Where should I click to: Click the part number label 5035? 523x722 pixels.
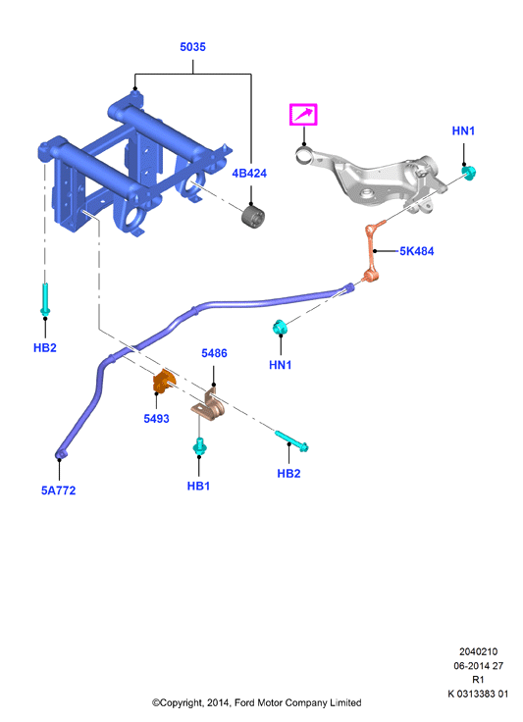click(x=192, y=47)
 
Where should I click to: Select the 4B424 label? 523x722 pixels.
click(x=249, y=174)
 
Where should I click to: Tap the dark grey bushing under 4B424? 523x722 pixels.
click(x=253, y=218)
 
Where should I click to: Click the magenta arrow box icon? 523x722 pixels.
click(x=303, y=115)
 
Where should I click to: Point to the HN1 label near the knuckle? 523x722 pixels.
click(x=463, y=131)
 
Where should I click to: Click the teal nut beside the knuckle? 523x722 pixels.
click(x=469, y=173)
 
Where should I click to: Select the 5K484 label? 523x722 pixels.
click(x=417, y=251)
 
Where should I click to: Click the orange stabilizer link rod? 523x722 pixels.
click(x=373, y=251)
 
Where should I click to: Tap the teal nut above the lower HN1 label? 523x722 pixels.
click(x=279, y=328)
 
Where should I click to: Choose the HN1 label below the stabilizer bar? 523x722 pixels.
click(x=281, y=365)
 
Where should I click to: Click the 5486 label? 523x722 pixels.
click(x=214, y=353)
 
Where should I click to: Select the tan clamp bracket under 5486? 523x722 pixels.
click(x=209, y=406)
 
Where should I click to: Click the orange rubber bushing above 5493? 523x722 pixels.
click(x=164, y=382)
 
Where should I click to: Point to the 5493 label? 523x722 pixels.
click(x=157, y=419)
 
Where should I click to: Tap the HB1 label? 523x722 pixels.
click(x=198, y=487)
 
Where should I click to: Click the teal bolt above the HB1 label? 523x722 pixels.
click(x=200, y=446)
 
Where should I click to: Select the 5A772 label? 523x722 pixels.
click(x=59, y=490)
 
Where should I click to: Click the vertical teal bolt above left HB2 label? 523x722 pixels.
click(x=45, y=299)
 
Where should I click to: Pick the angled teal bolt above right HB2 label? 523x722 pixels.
click(x=291, y=440)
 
